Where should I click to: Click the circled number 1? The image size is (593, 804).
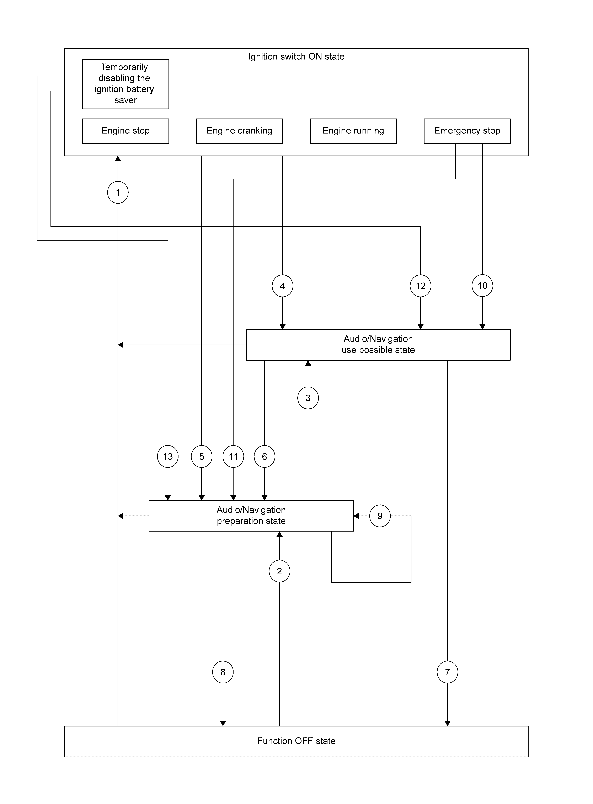(x=118, y=192)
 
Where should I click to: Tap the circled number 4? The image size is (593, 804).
(x=283, y=286)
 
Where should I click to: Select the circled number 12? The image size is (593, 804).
(x=420, y=286)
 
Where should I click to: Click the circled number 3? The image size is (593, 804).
(x=308, y=398)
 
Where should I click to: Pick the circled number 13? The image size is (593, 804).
(x=168, y=456)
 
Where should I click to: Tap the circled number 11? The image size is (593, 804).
(x=233, y=456)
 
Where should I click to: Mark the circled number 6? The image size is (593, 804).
(x=265, y=456)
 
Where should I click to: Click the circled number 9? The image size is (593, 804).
(x=380, y=516)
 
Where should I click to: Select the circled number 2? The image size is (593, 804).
(x=279, y=571)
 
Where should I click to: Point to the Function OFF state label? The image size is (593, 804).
(x=296, y=741)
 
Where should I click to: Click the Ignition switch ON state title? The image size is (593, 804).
(x=296, y=56)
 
